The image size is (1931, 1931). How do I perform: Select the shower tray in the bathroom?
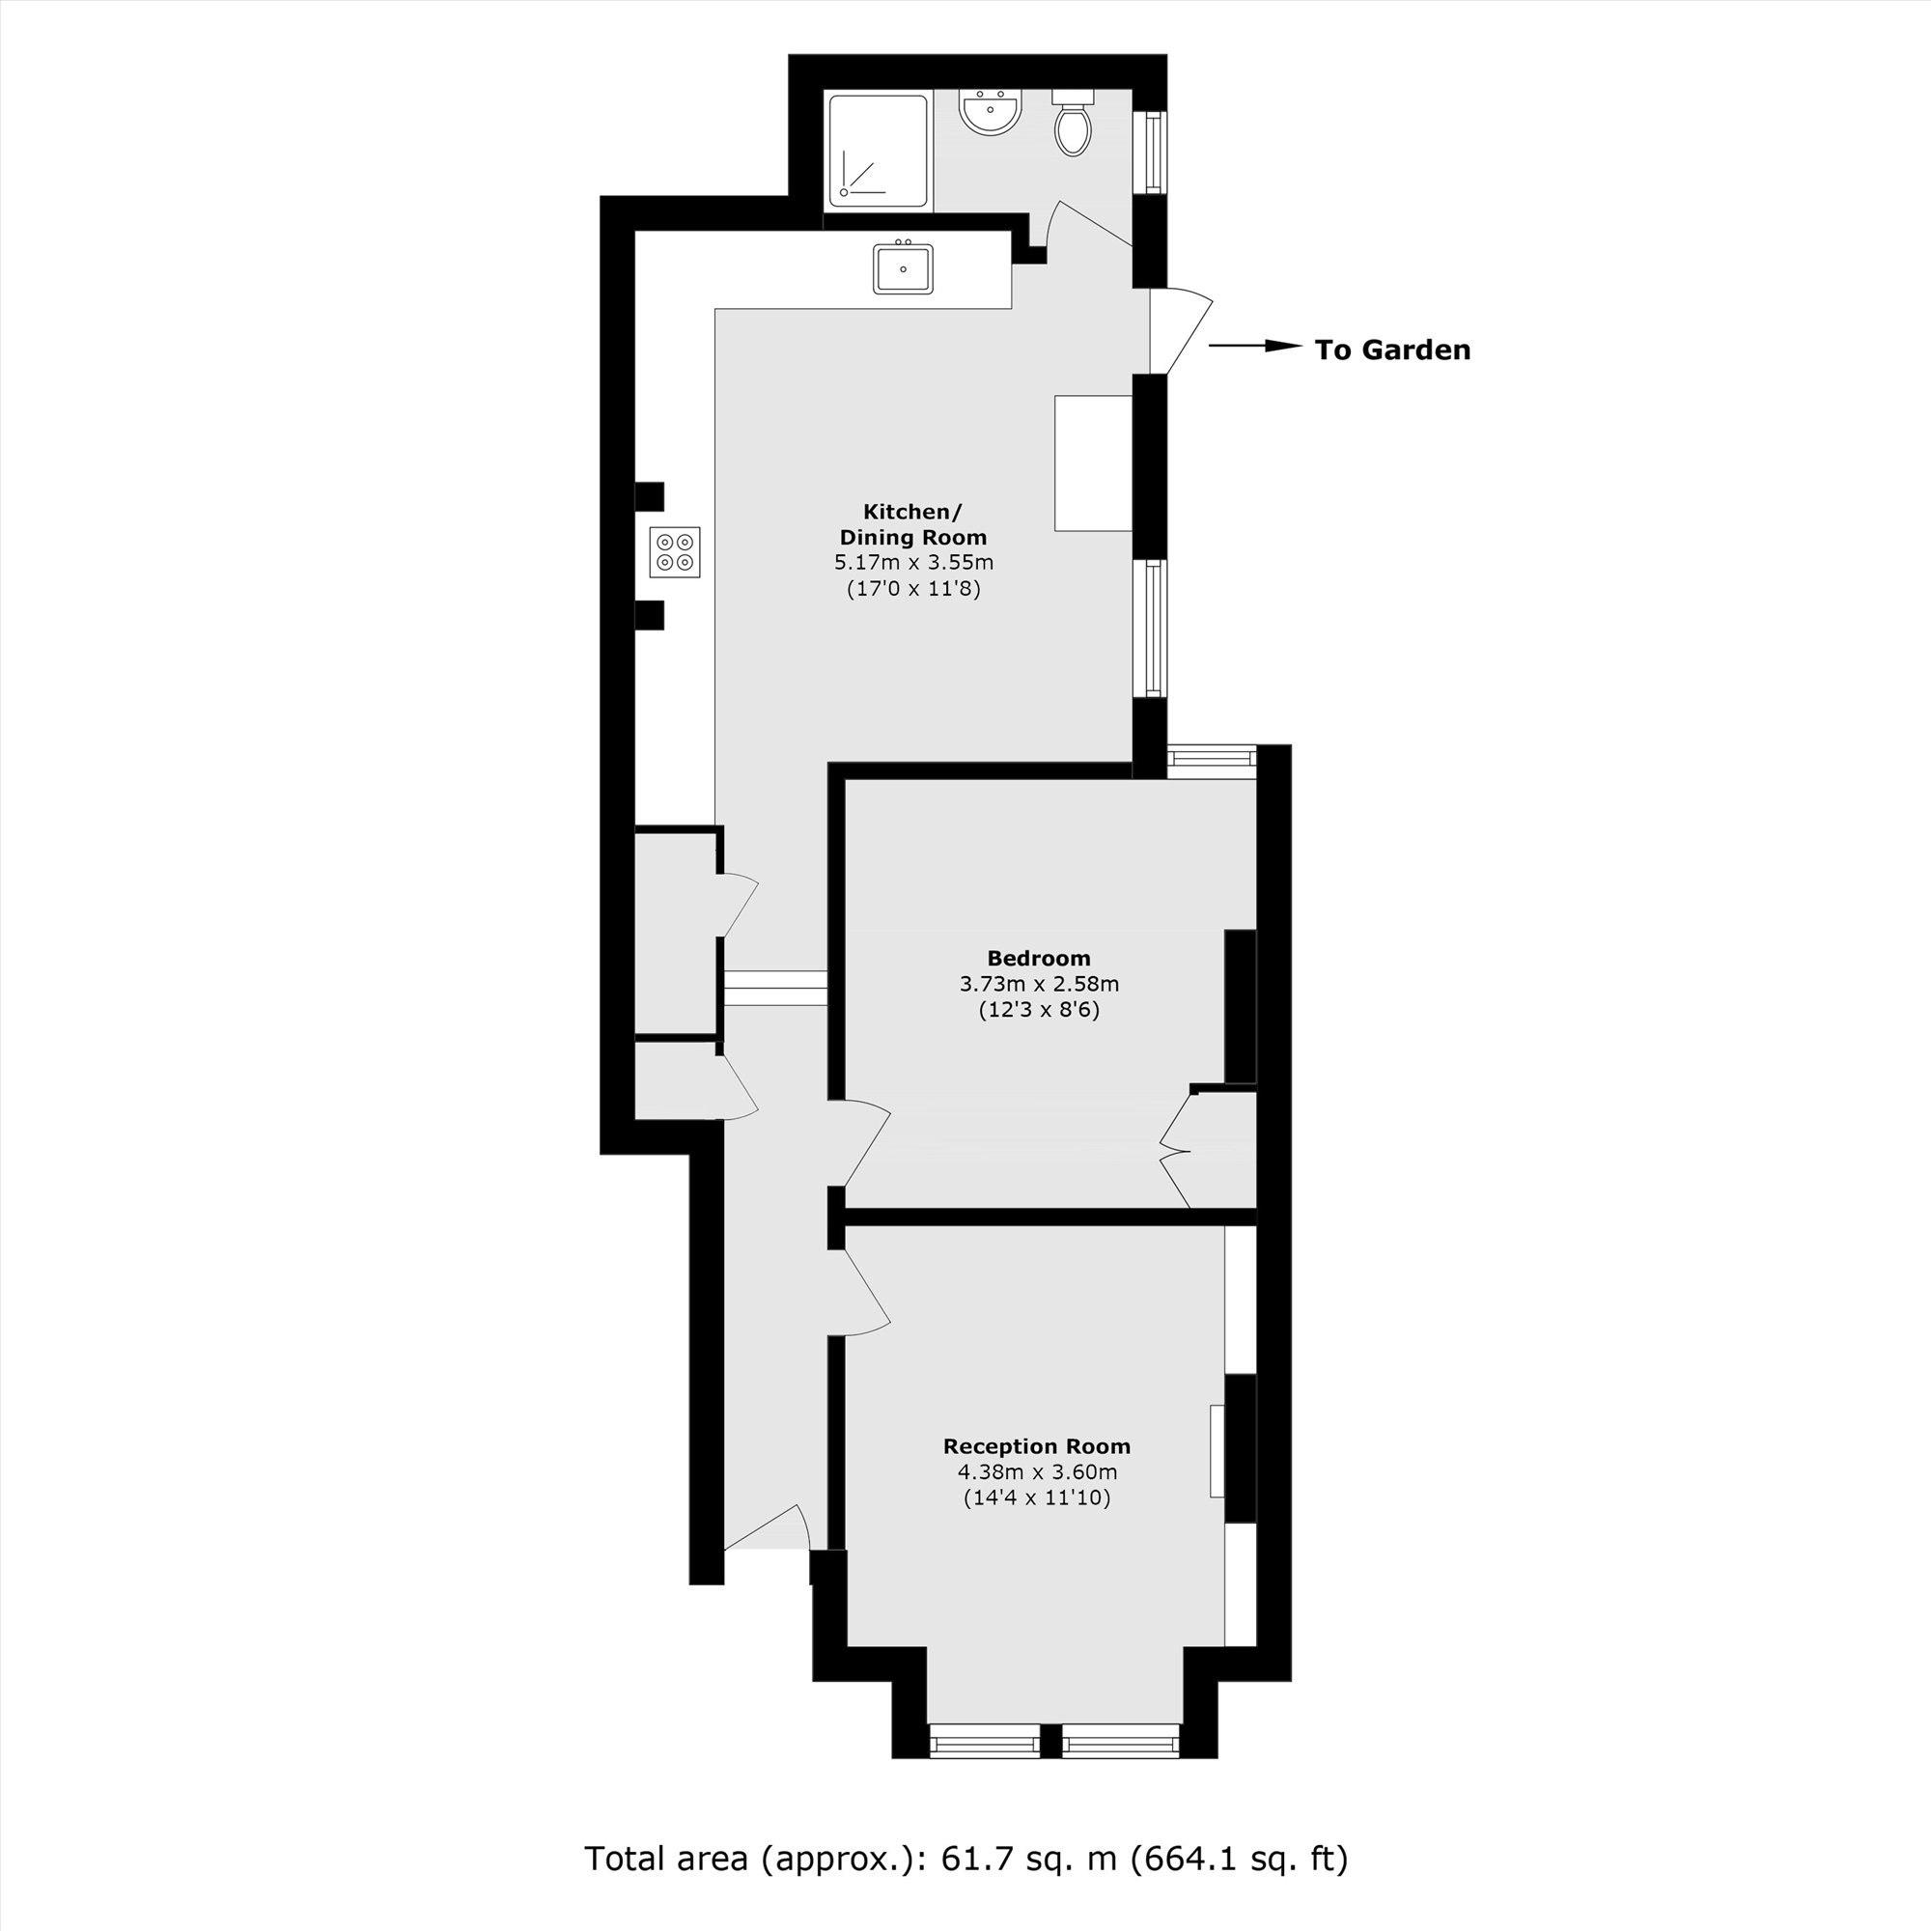click(878, 151)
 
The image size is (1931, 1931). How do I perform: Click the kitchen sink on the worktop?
click(903, 268)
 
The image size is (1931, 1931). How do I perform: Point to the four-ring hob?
click(675, 551)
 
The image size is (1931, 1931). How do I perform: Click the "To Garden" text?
click(1392, 350)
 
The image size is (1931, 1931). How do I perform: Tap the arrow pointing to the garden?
click(1254, 347)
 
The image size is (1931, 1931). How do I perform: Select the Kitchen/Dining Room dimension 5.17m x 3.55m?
click(913, 563)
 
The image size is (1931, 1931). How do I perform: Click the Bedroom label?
click(1039, 958)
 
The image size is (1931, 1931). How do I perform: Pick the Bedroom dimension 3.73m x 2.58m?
click(1039, 984)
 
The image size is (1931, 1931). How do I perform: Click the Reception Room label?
click(1036, 1446)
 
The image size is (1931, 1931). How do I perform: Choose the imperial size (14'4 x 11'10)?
click(1036, 1497)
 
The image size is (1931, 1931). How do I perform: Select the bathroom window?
click(1156, 151)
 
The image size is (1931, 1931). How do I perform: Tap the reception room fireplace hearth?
click(1217, 1450)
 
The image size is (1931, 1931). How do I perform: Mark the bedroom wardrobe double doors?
click(1175, 1149)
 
